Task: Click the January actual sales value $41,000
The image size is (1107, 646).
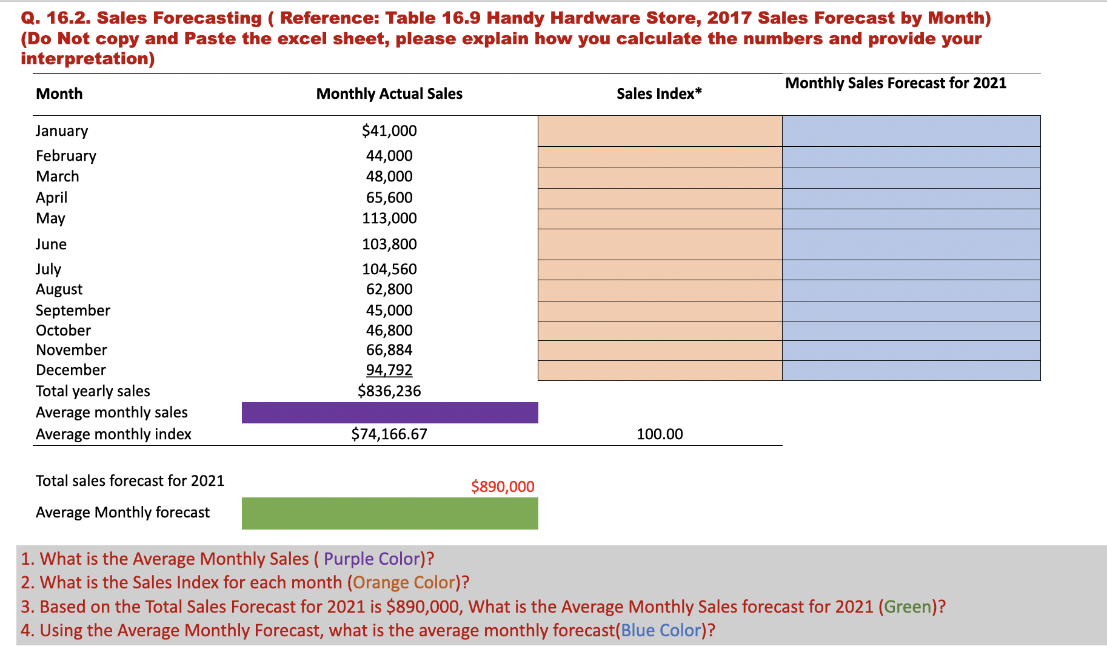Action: coord(389,130)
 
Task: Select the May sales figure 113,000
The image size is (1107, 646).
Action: coord(389,218)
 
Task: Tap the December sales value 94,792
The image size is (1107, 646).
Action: coord(389,369)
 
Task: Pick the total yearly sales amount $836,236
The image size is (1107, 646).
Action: coord(389,391)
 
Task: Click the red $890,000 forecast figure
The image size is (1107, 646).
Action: coord(503,486)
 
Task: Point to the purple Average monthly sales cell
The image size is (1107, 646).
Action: coord(389,412)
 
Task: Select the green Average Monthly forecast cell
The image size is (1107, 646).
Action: coord(389,513)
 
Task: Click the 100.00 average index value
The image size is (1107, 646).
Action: coord(660,434)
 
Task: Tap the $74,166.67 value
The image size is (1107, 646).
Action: coord(389,434)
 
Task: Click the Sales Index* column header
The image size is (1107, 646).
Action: coord(659,93)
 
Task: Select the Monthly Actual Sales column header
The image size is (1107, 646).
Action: coord(389,93)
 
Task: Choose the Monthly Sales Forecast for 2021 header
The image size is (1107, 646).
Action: coord(895,83)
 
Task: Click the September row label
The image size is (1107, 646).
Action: coord(73,310)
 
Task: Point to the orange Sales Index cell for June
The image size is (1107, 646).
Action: coord(660,244)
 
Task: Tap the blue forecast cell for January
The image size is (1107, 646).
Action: coord(911,130)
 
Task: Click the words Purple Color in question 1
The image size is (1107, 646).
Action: coord(372,559)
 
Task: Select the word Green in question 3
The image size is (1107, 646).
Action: coord(908,607)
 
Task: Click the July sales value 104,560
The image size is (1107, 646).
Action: coord(389,269)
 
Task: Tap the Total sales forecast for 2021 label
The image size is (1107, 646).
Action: coord(130,480)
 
